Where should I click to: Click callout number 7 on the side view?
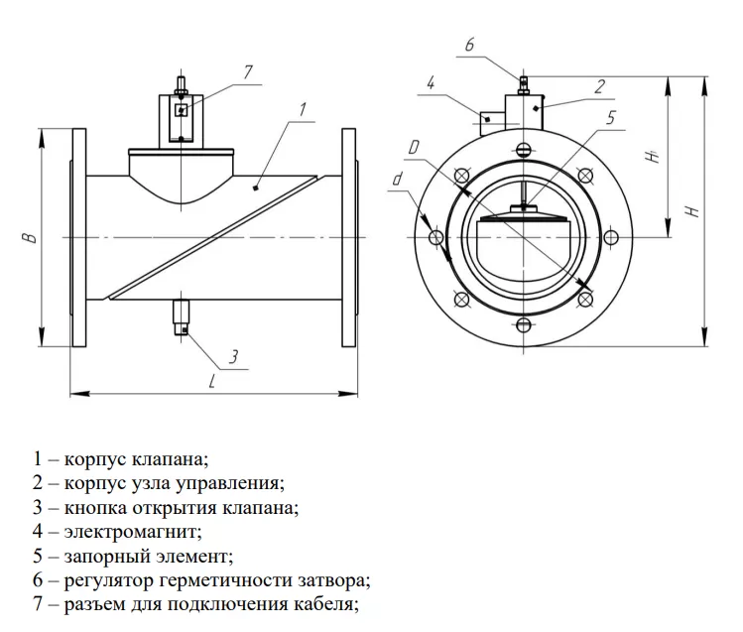coord(249,71)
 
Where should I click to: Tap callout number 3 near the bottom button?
coord(232,356)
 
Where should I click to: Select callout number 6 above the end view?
coord(469,45)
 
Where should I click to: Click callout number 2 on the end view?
coord(600,87)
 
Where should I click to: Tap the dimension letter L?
coord(212,382)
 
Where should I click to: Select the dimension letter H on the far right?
coord(694,210)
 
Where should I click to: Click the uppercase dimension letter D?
coord(414,149)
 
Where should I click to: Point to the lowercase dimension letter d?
coord(397,180)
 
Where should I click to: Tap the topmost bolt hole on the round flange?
coord(522,150)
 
